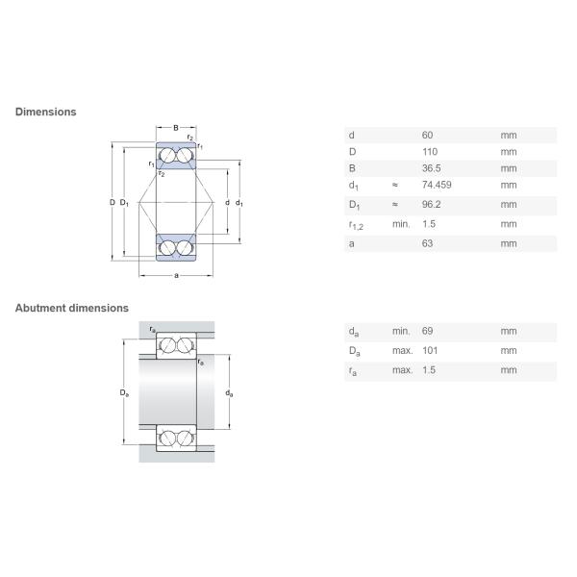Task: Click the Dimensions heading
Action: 45,112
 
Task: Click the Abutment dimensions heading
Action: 71,308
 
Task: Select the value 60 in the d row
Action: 428,136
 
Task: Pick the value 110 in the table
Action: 430,152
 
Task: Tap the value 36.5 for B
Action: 431,168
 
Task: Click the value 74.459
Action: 438,185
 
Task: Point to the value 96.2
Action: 431,204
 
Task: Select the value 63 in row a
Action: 428,244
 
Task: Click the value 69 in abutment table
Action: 428,331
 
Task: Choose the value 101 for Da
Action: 430,350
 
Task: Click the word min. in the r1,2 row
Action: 400,224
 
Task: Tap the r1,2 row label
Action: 355,225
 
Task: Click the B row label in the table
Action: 351,168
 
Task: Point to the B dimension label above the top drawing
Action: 176,127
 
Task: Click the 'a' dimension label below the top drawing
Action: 176,277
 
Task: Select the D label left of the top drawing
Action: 112,202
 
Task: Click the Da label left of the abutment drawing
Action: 124,392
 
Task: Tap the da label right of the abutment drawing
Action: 228,392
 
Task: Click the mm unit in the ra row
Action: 508,369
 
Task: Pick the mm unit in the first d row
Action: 508,136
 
